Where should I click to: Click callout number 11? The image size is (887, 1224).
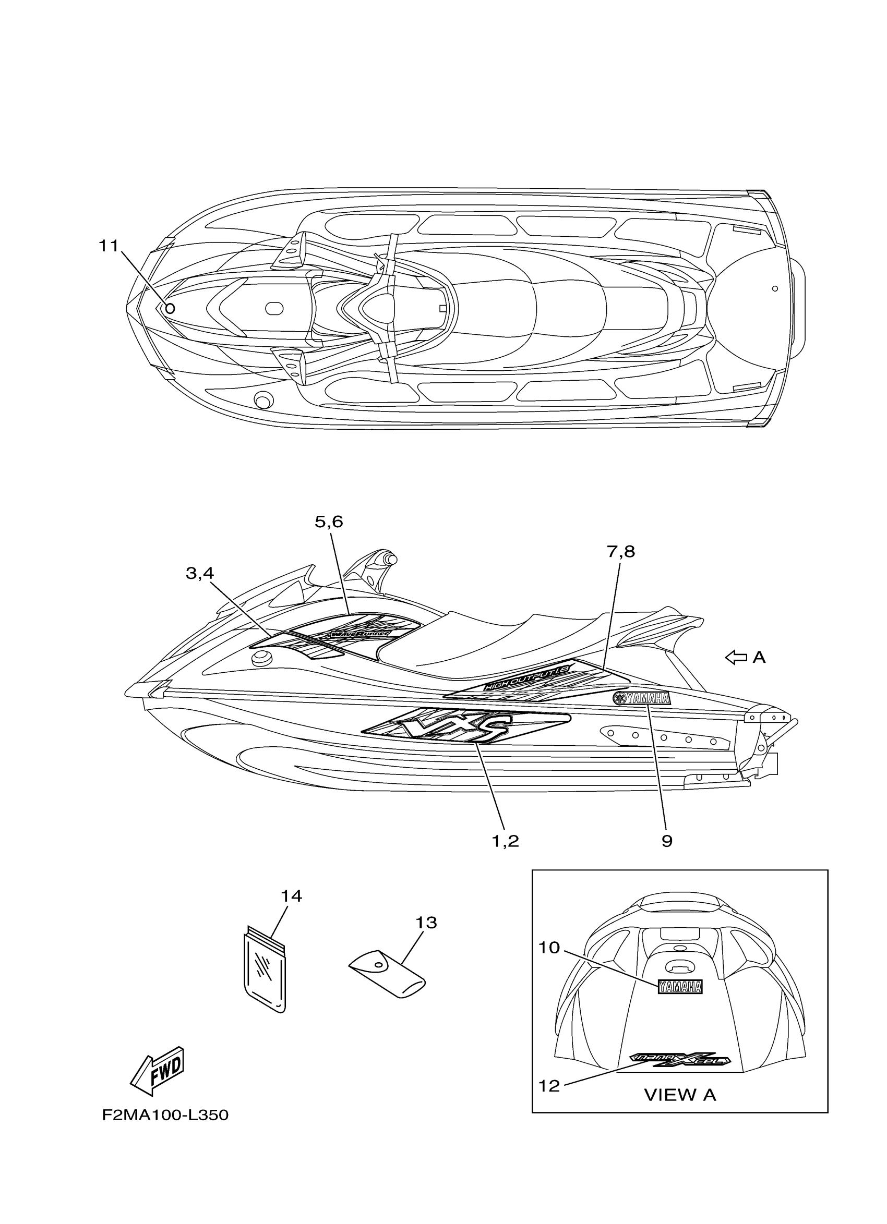point(108,246)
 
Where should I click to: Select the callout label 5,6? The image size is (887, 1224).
point(329,522)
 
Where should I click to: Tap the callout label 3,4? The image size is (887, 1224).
point(200,573)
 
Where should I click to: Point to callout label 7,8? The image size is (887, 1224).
point(620,552)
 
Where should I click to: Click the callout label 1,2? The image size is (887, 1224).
point(505,841)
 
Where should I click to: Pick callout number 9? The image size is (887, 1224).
point(667,841)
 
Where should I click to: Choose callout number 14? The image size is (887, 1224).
point(291,896)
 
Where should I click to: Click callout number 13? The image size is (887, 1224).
point(425,923)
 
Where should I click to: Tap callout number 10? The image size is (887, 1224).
point(549,947)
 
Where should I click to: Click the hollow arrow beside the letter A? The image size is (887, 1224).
point(735,657)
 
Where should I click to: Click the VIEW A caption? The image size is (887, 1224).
point(680,1095)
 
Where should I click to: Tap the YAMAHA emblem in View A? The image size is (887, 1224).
point(680,987)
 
